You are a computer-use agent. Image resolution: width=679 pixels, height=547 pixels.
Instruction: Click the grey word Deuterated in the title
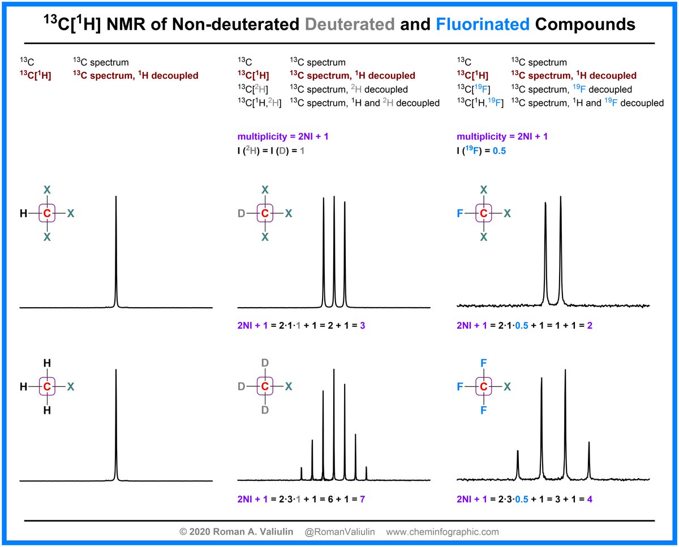coord(349,24)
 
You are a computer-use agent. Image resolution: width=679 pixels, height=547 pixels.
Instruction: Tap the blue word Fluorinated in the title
coord(483,24)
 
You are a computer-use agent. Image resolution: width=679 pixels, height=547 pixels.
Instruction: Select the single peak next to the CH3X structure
coord(116,424)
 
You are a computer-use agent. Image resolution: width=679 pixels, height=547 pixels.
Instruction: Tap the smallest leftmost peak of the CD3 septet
coord(302,473)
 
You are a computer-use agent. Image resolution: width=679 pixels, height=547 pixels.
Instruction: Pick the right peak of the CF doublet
coord(561,249)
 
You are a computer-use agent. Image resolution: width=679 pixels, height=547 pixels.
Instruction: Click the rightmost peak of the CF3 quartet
coord(589,458)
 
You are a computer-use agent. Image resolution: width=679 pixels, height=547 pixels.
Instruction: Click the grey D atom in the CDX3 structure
coord(240,213)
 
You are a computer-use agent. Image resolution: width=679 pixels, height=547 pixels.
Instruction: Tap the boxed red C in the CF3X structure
coord(483,387)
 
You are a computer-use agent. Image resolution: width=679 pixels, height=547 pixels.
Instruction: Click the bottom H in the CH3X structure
coord(48,411)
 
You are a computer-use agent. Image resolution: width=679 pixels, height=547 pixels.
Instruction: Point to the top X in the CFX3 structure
coord(483,189)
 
